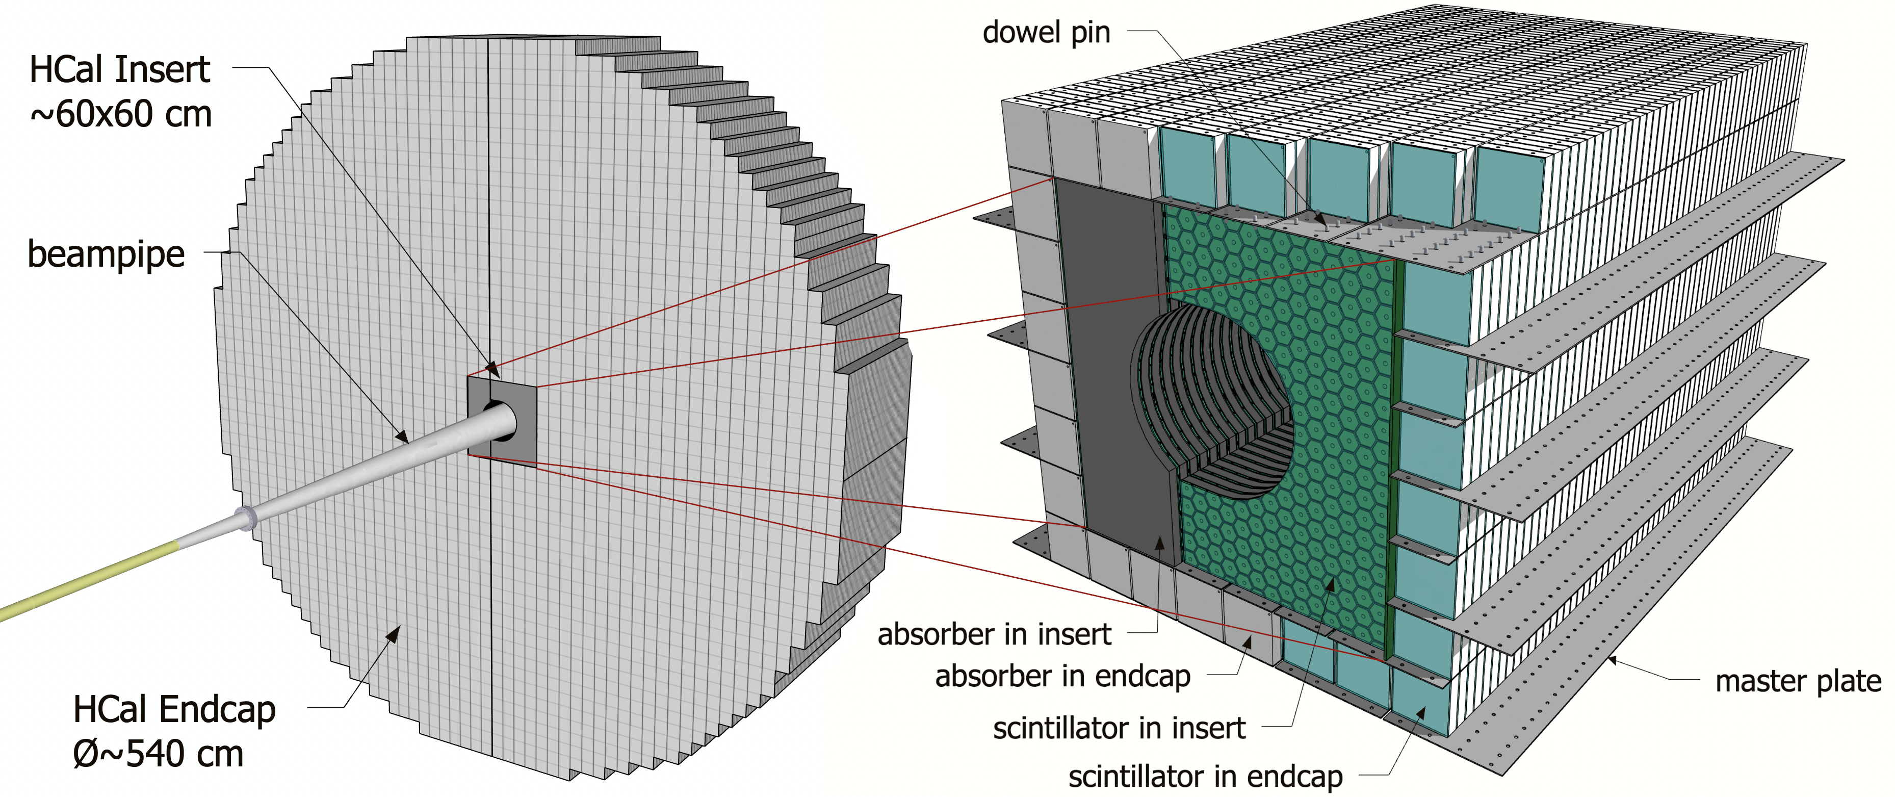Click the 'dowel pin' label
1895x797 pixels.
pos(1046,33)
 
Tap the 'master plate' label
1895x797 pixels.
pos(1797,681)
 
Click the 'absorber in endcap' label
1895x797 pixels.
pos(1062,676)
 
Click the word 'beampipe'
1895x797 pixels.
pos(106,254)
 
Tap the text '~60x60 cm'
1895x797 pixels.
pos(121,114)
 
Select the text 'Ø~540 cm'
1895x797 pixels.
pos(158,754)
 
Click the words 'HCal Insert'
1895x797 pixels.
pos(119,70)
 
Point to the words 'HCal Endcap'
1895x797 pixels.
pos(174,709)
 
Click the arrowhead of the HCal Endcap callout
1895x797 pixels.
pos(395,632)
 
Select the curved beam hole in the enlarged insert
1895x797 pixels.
pos(1214,401)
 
